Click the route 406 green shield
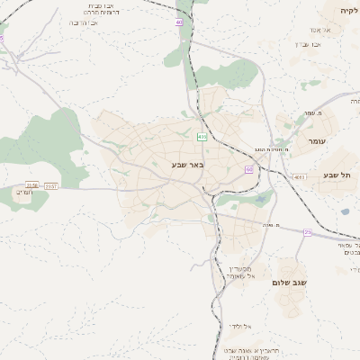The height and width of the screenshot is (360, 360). coord(202,137)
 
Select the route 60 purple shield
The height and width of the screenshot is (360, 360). coord(249,169)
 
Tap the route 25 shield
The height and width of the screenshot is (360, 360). coord(308,233)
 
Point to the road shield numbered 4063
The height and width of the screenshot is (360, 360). coord(299,177)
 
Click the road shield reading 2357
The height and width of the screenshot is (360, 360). coord(50,185)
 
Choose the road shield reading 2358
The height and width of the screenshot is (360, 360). coord(32,185)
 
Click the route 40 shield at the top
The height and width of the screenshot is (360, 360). coord(179,22)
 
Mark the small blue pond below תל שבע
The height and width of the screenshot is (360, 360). coord(344,212)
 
